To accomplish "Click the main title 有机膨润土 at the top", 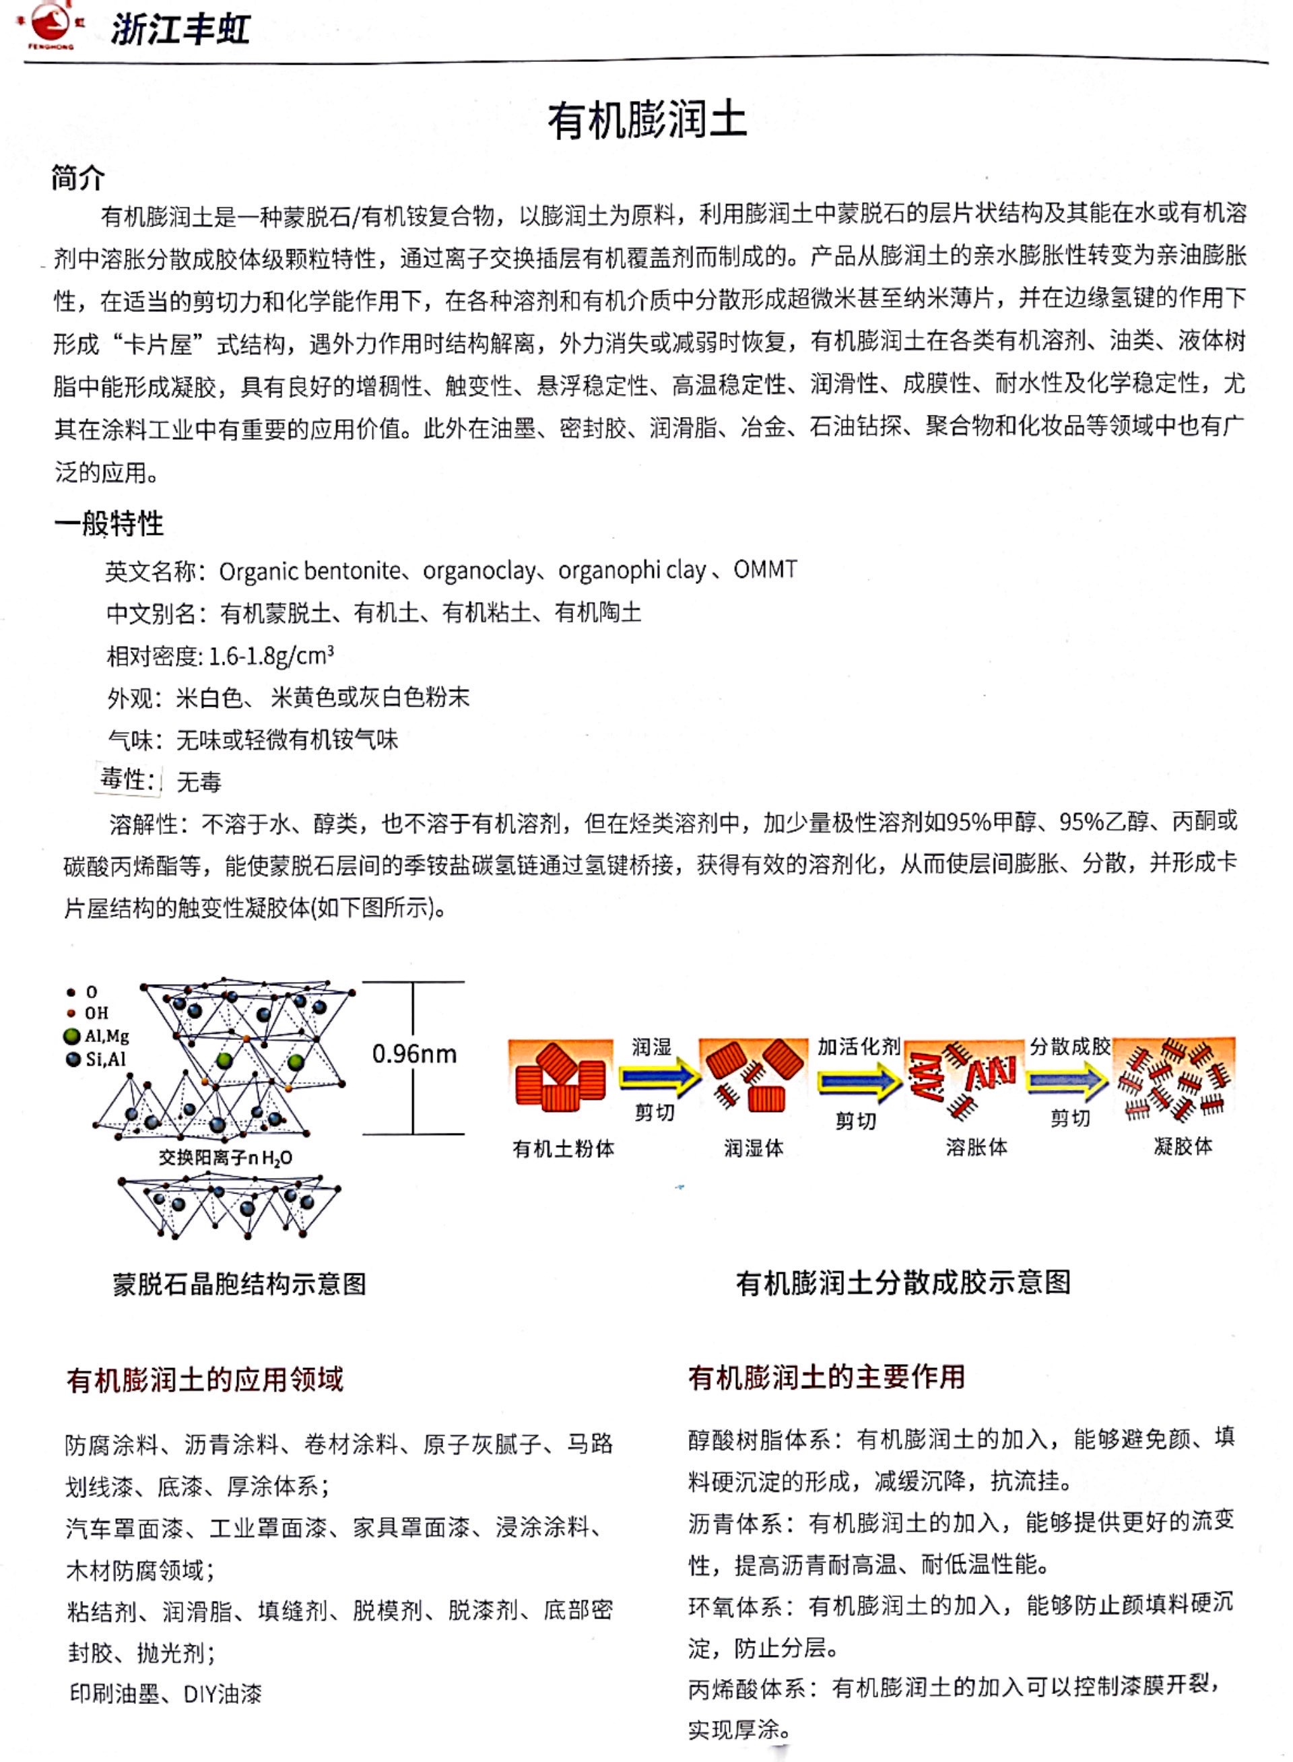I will tap(646, 121).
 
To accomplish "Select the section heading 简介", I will tap(77, 178).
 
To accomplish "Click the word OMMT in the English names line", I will tap(764, 569).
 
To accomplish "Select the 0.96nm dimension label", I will tap(414, 1053).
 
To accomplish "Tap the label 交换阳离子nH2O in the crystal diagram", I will tap(226, 1157).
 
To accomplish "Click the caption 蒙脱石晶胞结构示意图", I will tap(240, 1284).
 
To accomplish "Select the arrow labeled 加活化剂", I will tap(859, 1081).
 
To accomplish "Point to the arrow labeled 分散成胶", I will tap(1067, 1081).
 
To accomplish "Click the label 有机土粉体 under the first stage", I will tap(564, 1148).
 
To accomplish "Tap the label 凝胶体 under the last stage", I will tap(1183, 1147).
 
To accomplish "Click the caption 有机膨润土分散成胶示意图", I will tap(903, 1282).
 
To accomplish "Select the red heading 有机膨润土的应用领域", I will tap(205, 1379).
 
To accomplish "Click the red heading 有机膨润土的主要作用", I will tap(826, 1377).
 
